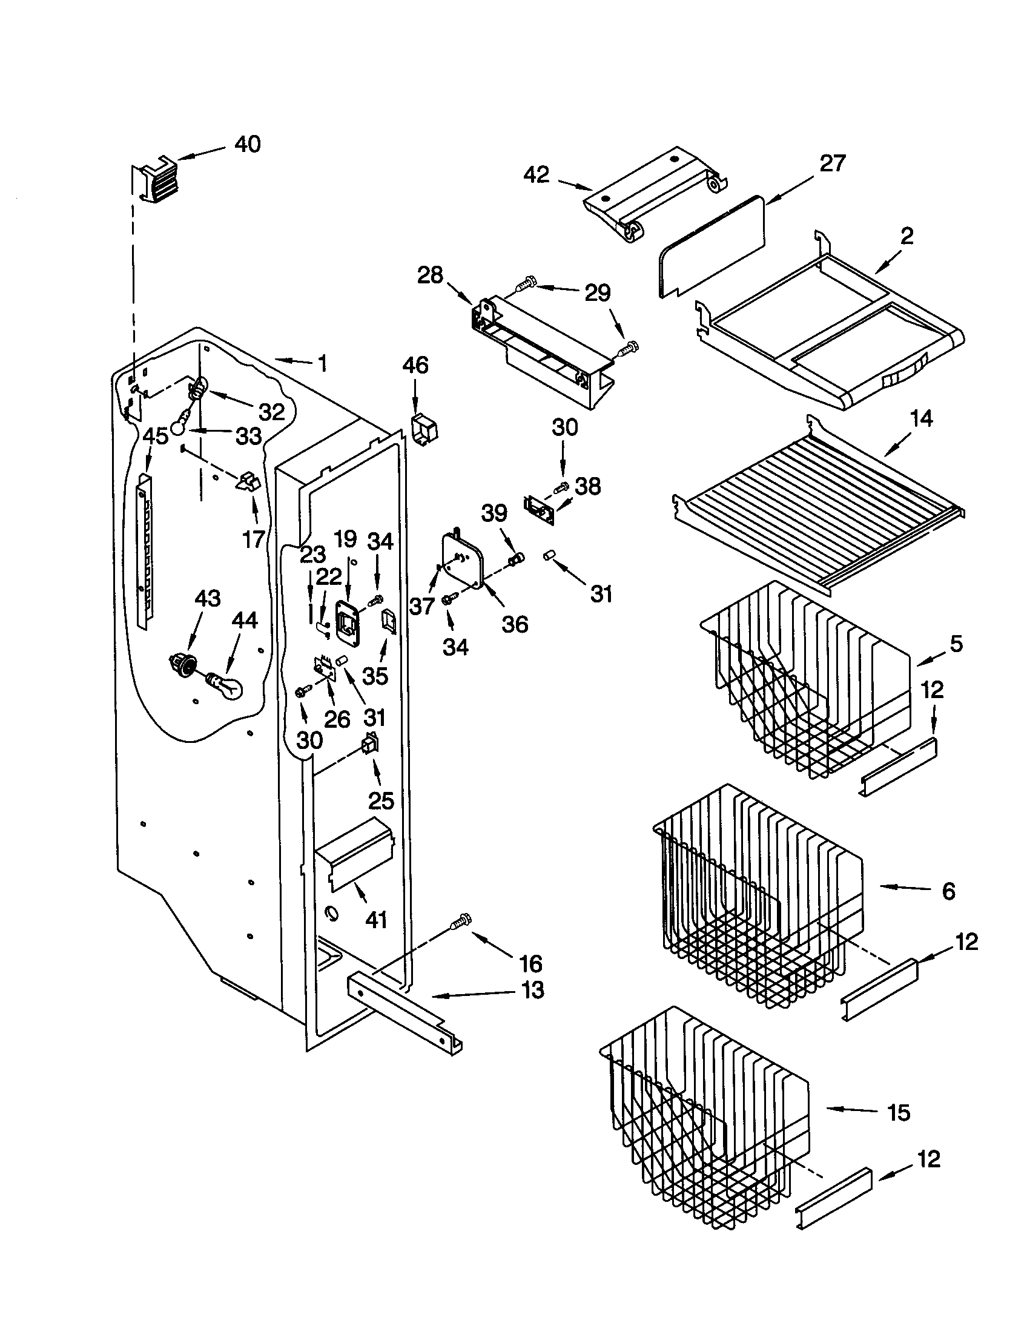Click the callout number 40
(x=248, y=145)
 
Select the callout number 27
(x=832, y=163)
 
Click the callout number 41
(x=376, y=919)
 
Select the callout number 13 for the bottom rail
(x=532, y=990)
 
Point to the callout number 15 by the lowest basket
(x=898, y=1113)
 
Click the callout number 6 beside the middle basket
(x=948, y=891)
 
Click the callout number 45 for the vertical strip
(x=155, y=436)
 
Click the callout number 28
(x=430, y=275)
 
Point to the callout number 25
(x=381, y=800)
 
